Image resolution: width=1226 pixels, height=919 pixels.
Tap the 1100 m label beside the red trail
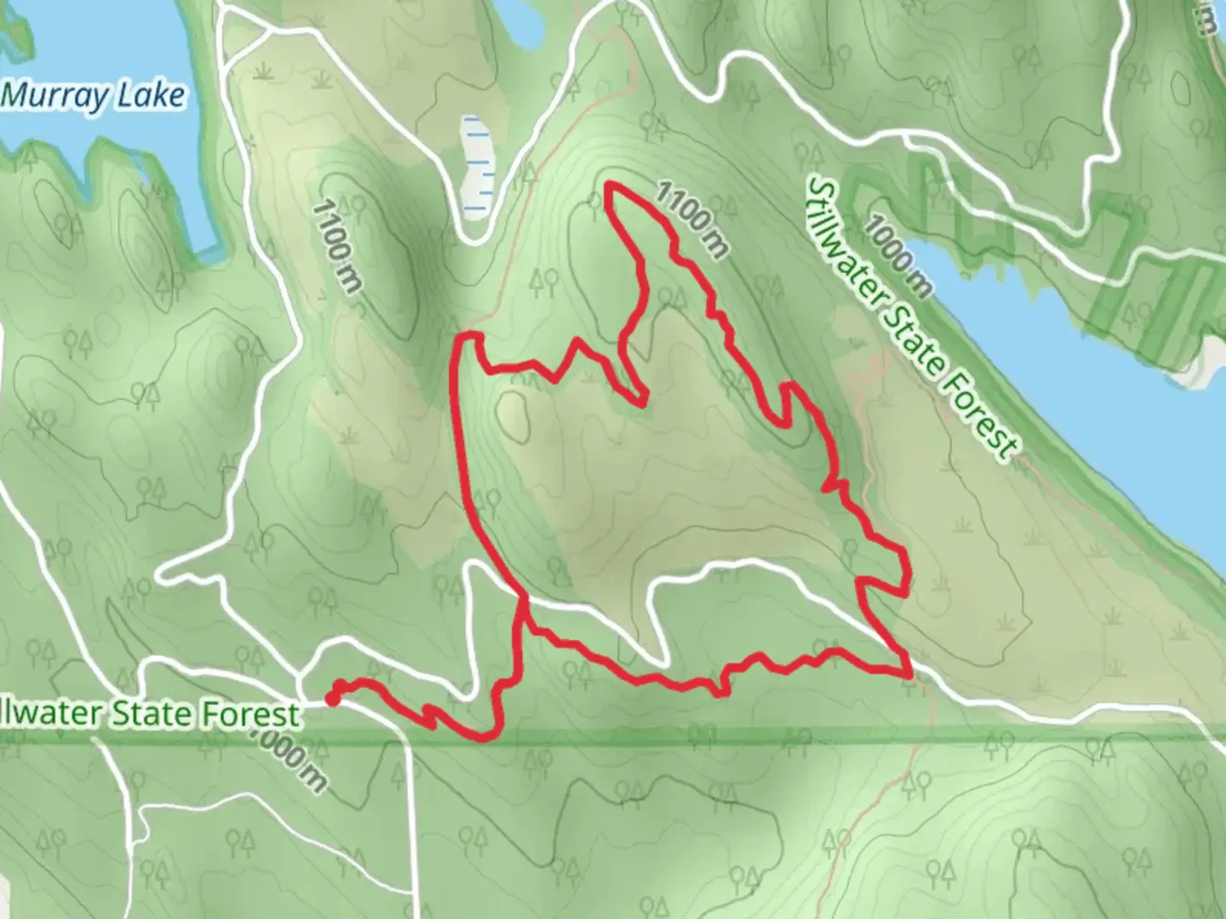click(691, 220)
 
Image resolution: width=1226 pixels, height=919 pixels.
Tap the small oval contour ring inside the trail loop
click(514, 415)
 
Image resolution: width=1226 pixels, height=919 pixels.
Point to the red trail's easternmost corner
click(908, 587)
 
